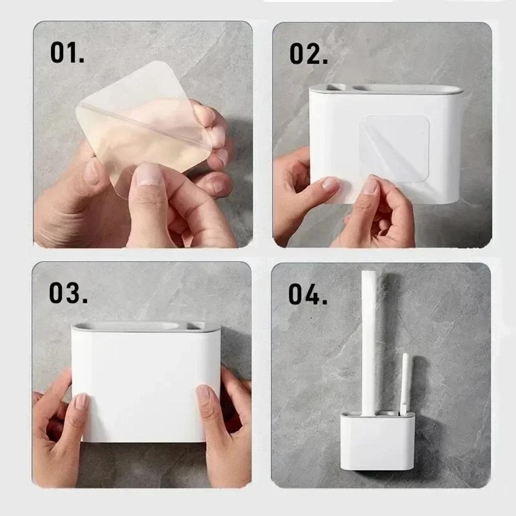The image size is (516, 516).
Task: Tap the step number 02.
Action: (309, 53)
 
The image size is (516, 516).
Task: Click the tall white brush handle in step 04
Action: (369, 341)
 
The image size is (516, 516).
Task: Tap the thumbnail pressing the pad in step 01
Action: (150, 174)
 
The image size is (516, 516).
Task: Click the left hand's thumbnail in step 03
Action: (82, 401)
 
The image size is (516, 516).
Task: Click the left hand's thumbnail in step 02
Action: (330, 184)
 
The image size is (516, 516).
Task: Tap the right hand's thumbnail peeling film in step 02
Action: (370, 185)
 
